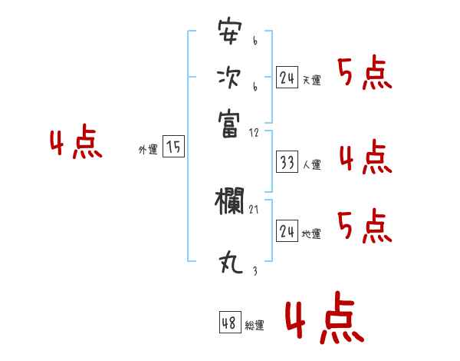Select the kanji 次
coord(229,78)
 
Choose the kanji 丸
coord(229,263)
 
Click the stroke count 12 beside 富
coord(255,133)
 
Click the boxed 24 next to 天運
coord(287,77)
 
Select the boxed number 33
coord(287,162)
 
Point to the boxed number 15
coord(174,147)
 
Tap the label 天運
coord(311,80)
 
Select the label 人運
coord(311,164)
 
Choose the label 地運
coord(311,233)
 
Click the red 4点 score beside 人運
coord(365,158)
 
